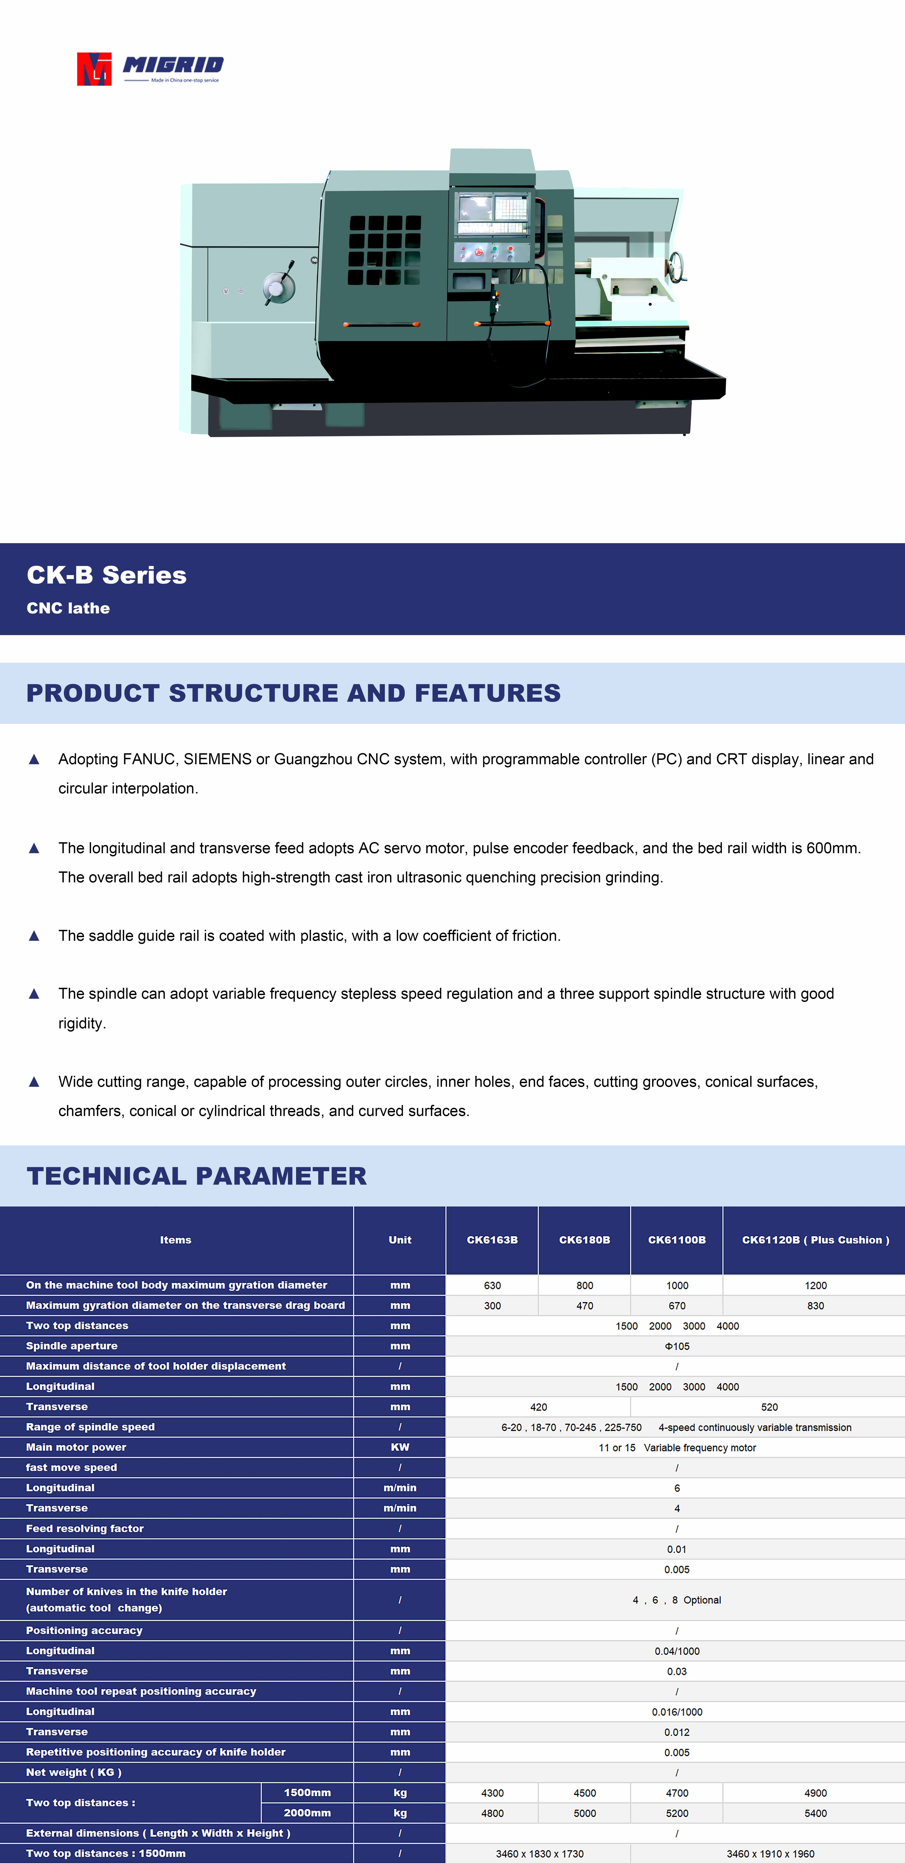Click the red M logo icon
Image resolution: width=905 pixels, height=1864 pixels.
tap(94, 69)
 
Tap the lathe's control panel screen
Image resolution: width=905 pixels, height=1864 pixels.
tap(492, 214)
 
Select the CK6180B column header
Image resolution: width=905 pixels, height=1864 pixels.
tap(584, 1240)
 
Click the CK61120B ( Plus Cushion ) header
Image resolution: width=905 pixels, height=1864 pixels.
tap(815, 1240)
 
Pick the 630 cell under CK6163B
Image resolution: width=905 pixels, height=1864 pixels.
tap(492, 1285)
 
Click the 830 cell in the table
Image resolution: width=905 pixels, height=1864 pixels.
tap(815, 1305)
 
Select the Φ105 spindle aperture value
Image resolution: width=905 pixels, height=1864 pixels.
tap(676, 1346)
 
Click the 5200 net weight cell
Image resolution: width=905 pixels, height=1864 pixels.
tap(676, 1813)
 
